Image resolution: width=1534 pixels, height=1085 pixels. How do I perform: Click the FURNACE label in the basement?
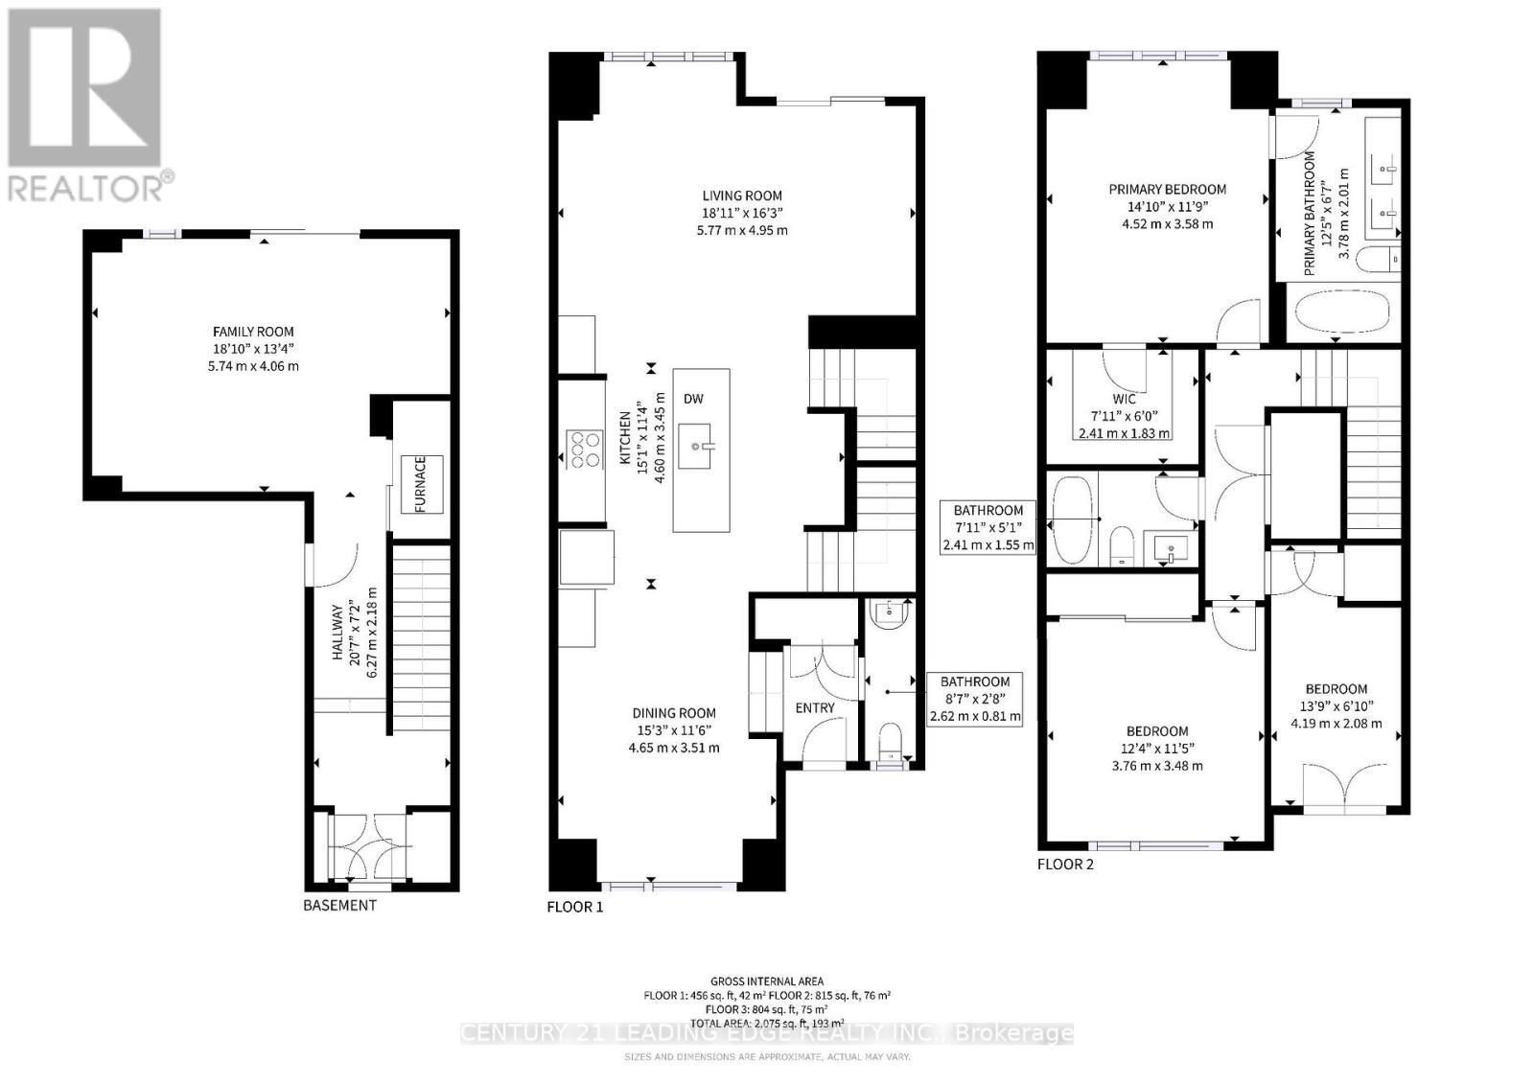[x=422, y=484]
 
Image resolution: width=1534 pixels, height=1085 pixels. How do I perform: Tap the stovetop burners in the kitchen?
[x=585, y=450]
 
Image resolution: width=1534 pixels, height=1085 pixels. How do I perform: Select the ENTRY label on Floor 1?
[x=815, y=707]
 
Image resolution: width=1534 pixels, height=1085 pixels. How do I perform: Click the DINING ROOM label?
[x=673, y=713]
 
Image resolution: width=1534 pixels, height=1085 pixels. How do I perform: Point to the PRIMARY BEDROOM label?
[x=1167, y=189]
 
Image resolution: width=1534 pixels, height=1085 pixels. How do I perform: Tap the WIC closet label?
[x=1124, y=399]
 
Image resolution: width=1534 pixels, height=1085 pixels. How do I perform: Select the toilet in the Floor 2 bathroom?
[x=1122, y=547]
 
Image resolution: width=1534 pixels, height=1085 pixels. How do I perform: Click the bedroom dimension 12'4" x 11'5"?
[x=1157, y=749]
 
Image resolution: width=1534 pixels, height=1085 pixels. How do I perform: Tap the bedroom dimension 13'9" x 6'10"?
[x=1336, y=706]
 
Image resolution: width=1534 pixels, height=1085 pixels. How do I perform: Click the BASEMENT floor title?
[x=339, y=906]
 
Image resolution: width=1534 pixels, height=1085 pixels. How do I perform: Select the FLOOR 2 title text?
[x=1065, y=864]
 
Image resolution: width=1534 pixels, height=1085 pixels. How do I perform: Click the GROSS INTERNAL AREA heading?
[x=766, y=981]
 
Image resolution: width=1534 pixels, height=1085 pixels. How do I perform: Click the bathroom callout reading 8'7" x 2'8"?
[x=975, y=699]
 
